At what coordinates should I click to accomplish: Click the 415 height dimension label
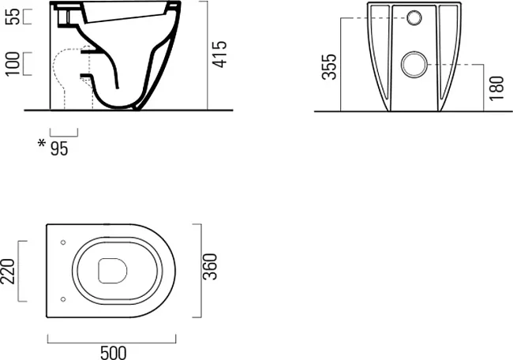219,54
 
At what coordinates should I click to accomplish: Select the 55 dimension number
14,17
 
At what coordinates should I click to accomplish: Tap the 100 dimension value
13,64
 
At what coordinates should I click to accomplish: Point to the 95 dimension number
59,148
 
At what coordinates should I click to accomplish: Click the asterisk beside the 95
42,143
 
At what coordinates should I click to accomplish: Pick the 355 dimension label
329,67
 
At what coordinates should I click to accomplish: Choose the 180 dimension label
496,88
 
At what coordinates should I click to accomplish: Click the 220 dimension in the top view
8,272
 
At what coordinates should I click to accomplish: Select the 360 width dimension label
210,267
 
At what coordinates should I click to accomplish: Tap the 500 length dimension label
113,353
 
